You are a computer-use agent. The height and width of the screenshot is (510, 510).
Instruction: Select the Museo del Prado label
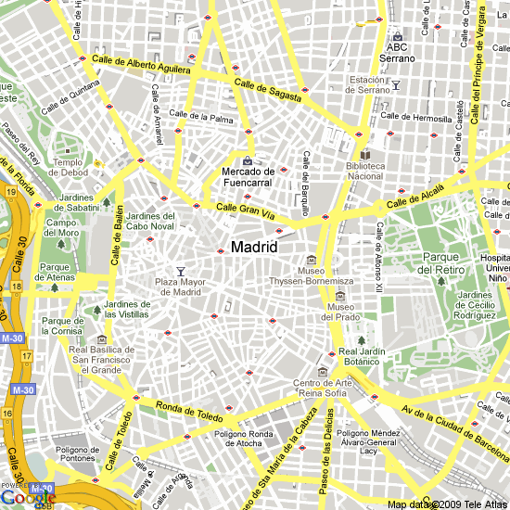[341, 312]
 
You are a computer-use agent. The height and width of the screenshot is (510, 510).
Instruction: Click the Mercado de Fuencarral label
[249, 176]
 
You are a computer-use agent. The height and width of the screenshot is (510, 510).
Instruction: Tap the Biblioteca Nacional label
[364, 171]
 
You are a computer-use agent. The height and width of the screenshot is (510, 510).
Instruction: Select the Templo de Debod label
[70, 167]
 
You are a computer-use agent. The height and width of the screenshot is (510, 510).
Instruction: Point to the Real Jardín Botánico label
[360, 356]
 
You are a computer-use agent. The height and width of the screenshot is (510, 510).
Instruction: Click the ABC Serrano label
[397, 53]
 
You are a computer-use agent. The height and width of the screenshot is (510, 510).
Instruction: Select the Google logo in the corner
[28, 497]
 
